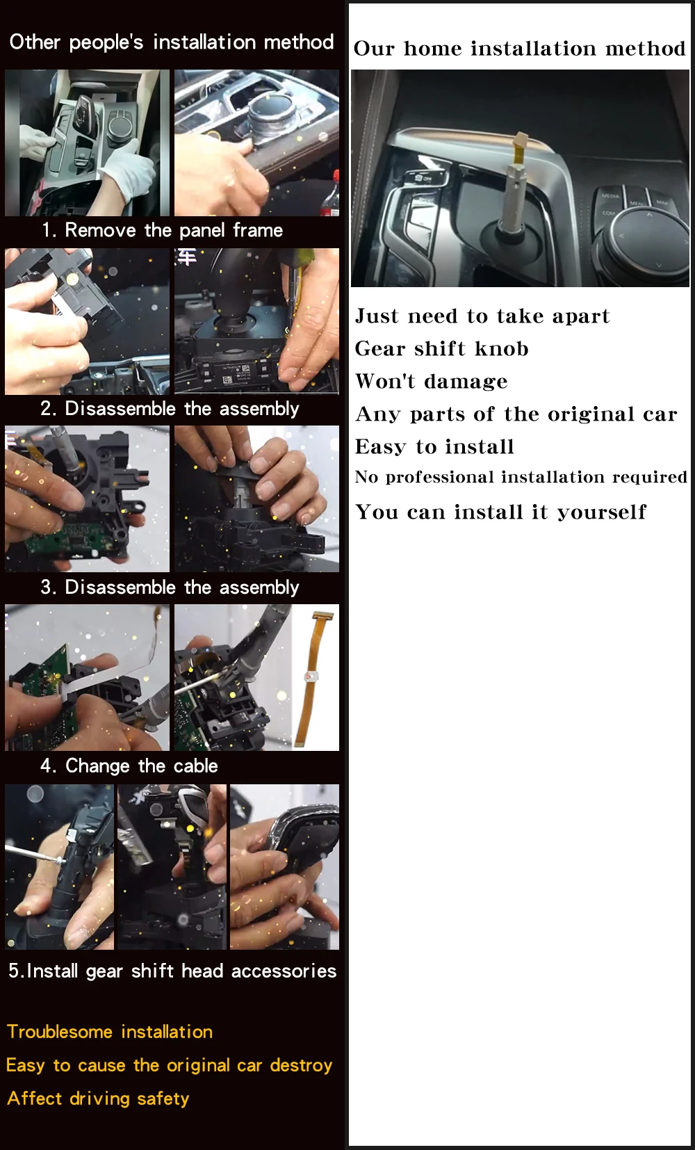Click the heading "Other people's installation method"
pyautogui.click(x=172, y=42)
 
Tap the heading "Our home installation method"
pyautogui.click(x=519, y=49)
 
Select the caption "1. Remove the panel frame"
pyautogui.click(x=162, y=230)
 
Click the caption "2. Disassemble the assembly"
pyautogui.click(x=170, y=409)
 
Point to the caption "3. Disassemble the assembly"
pyautogui.click(x=170, y=588)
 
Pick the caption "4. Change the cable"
pyautogui.click(x=129, y=766)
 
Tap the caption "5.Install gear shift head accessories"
pyautogui.click(x=172, y=971)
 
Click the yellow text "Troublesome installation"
pyautogui.click(x=110, y=1032)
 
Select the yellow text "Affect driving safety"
pyautogui.click(x=98, y=1099)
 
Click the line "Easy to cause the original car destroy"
pyautogui.click(x=170, y=1065)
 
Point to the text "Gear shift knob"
pyautogui.click(x=441, y=348)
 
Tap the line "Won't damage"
pyautogui.click(x=431, y=381)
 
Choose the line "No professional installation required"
pyautogui.click(x=521, y=478)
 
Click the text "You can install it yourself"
pyautogui.click(x=500, y=512)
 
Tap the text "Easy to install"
pyautogui.click(x=434, y=446)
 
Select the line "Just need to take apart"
pyautogui.click(x=482, y=316)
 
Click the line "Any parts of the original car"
pyautogui.click(x=516, y=414)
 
